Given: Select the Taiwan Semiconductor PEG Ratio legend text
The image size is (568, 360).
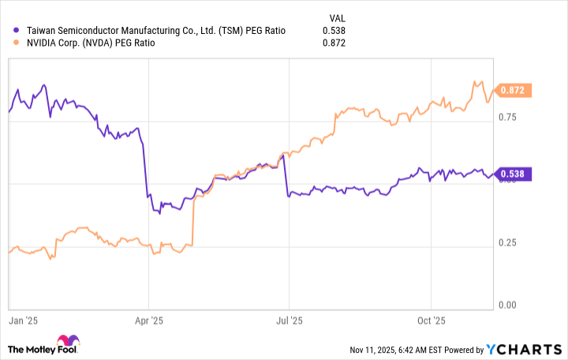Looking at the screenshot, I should tap(150, 31).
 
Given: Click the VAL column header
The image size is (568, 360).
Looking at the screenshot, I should tap(336, 17).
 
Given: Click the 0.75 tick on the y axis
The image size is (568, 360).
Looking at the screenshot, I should tap(506, 118).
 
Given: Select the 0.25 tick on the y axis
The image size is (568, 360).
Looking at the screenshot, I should tap(506, 242).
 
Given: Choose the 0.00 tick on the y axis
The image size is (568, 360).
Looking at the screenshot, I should tap(506, 305).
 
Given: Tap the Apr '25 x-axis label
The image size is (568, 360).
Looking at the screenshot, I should tap(149, 321).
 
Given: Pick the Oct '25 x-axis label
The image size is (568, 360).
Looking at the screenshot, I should tap(431, 321).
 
